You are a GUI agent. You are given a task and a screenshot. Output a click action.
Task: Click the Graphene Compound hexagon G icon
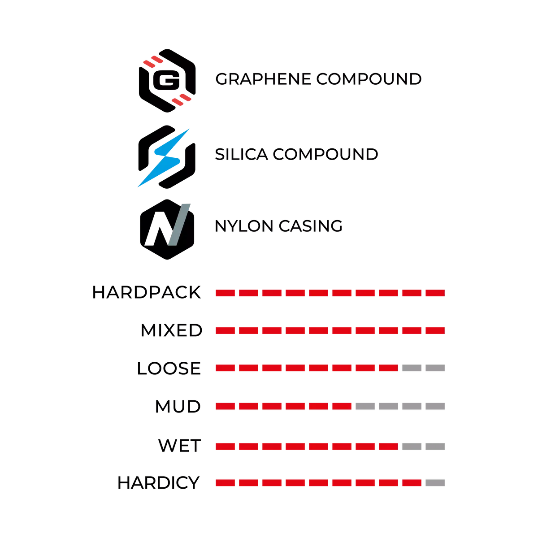(x=167, y=80)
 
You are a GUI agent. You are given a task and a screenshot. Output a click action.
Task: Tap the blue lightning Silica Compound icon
(x=167, y=157)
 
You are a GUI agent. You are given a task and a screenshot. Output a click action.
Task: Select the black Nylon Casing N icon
(x=167, y=229)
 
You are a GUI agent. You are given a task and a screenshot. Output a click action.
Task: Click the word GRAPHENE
(x=263, y=79)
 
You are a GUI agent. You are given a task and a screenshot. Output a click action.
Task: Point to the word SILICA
(x=242, y=154)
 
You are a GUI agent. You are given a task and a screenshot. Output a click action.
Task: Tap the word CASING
(x=310, y=226)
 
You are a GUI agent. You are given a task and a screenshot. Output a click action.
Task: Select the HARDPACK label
(x=147, y=293)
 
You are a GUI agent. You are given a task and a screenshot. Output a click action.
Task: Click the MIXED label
(x=171, y=330)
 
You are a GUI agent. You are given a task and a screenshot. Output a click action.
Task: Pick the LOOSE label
(x=169, y=368)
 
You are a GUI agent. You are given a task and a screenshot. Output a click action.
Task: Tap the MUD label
(x=178, y=407)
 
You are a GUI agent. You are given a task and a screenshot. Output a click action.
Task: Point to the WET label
(x=179, y=446)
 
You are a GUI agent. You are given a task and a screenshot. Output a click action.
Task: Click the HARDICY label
(x=158, y=483)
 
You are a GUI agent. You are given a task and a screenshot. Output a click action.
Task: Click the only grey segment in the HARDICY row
(x=435, y=483)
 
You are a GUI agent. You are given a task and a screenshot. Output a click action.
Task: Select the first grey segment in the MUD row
(x=365, y=406)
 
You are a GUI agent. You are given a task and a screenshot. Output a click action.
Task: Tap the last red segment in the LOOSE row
(x=388, y=368)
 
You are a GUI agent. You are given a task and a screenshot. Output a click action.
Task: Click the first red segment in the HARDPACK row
(x=226, y=293)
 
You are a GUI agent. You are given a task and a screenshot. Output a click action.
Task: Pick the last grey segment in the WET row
(x=435, y=447)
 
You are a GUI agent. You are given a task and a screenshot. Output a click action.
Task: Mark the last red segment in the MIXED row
(x=435, y=331)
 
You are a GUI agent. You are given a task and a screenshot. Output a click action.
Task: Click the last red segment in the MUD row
(x=342, y=406)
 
